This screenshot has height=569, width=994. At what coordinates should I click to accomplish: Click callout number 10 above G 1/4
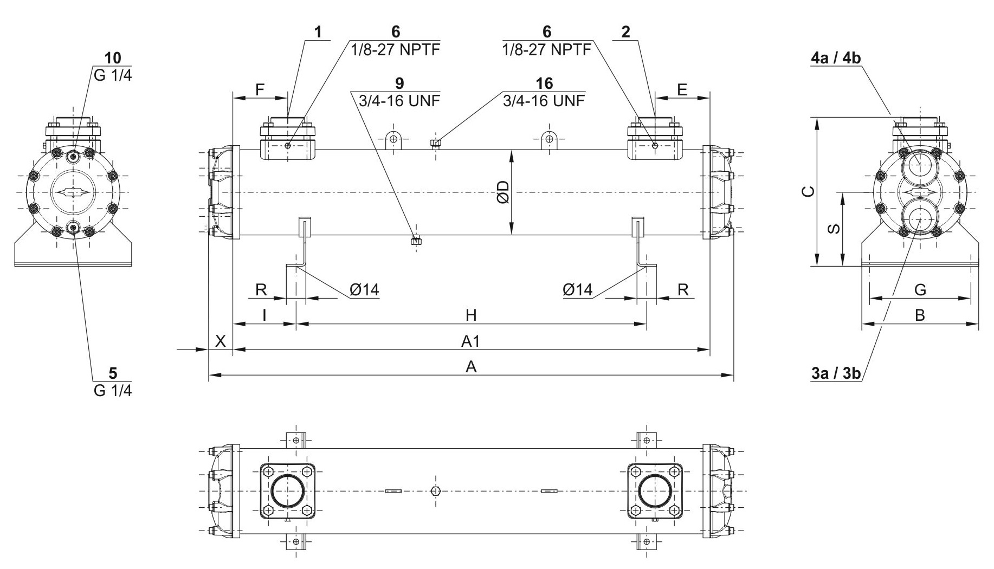(113, 58)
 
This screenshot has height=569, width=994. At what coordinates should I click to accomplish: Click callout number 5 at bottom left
(113, 373)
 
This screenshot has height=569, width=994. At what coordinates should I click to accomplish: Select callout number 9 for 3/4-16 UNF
(399, 83)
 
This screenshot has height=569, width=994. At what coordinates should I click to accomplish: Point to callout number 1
(318, 33)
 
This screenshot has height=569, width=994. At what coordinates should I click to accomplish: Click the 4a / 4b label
(836, 58)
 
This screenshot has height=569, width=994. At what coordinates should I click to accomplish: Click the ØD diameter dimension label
(502, 192)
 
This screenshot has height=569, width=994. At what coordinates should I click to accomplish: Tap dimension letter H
(471, 315)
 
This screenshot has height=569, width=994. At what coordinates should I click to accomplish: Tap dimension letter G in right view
(920, 290)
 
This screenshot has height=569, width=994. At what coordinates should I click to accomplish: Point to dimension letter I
(264, 315)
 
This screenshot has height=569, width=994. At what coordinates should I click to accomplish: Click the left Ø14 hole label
(364, 290)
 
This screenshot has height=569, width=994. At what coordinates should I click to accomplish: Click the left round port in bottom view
(287, 491)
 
